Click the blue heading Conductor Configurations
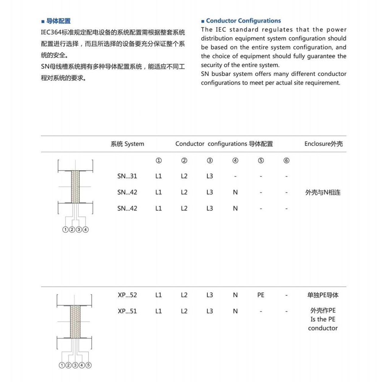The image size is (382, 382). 243,21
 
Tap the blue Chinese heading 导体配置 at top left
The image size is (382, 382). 58,21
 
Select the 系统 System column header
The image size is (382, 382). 127,144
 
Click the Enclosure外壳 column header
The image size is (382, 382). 323,144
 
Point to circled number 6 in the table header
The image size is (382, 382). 286,160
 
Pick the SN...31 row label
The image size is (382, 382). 127,176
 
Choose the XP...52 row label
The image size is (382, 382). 127,295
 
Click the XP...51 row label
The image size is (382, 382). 127,311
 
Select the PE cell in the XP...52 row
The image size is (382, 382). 261,295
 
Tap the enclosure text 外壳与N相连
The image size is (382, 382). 323,193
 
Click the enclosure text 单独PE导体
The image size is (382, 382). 323,295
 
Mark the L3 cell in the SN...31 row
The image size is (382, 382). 209,176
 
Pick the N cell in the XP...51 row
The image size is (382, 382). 235,311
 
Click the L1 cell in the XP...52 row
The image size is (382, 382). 159,295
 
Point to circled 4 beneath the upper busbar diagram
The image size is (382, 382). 86,230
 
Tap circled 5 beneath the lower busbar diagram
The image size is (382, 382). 89,365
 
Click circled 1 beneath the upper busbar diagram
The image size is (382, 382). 65,230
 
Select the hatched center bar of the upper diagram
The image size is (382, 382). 75,187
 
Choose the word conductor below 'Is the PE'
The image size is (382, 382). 323,328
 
